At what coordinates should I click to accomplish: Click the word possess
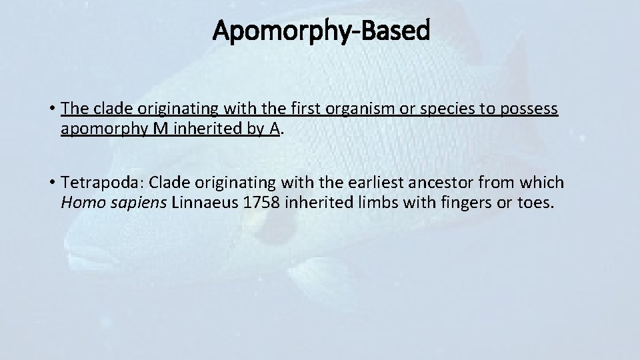point(528,109)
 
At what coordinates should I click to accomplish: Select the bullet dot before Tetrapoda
point(51,182)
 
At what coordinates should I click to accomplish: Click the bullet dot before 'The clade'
point(51,109)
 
